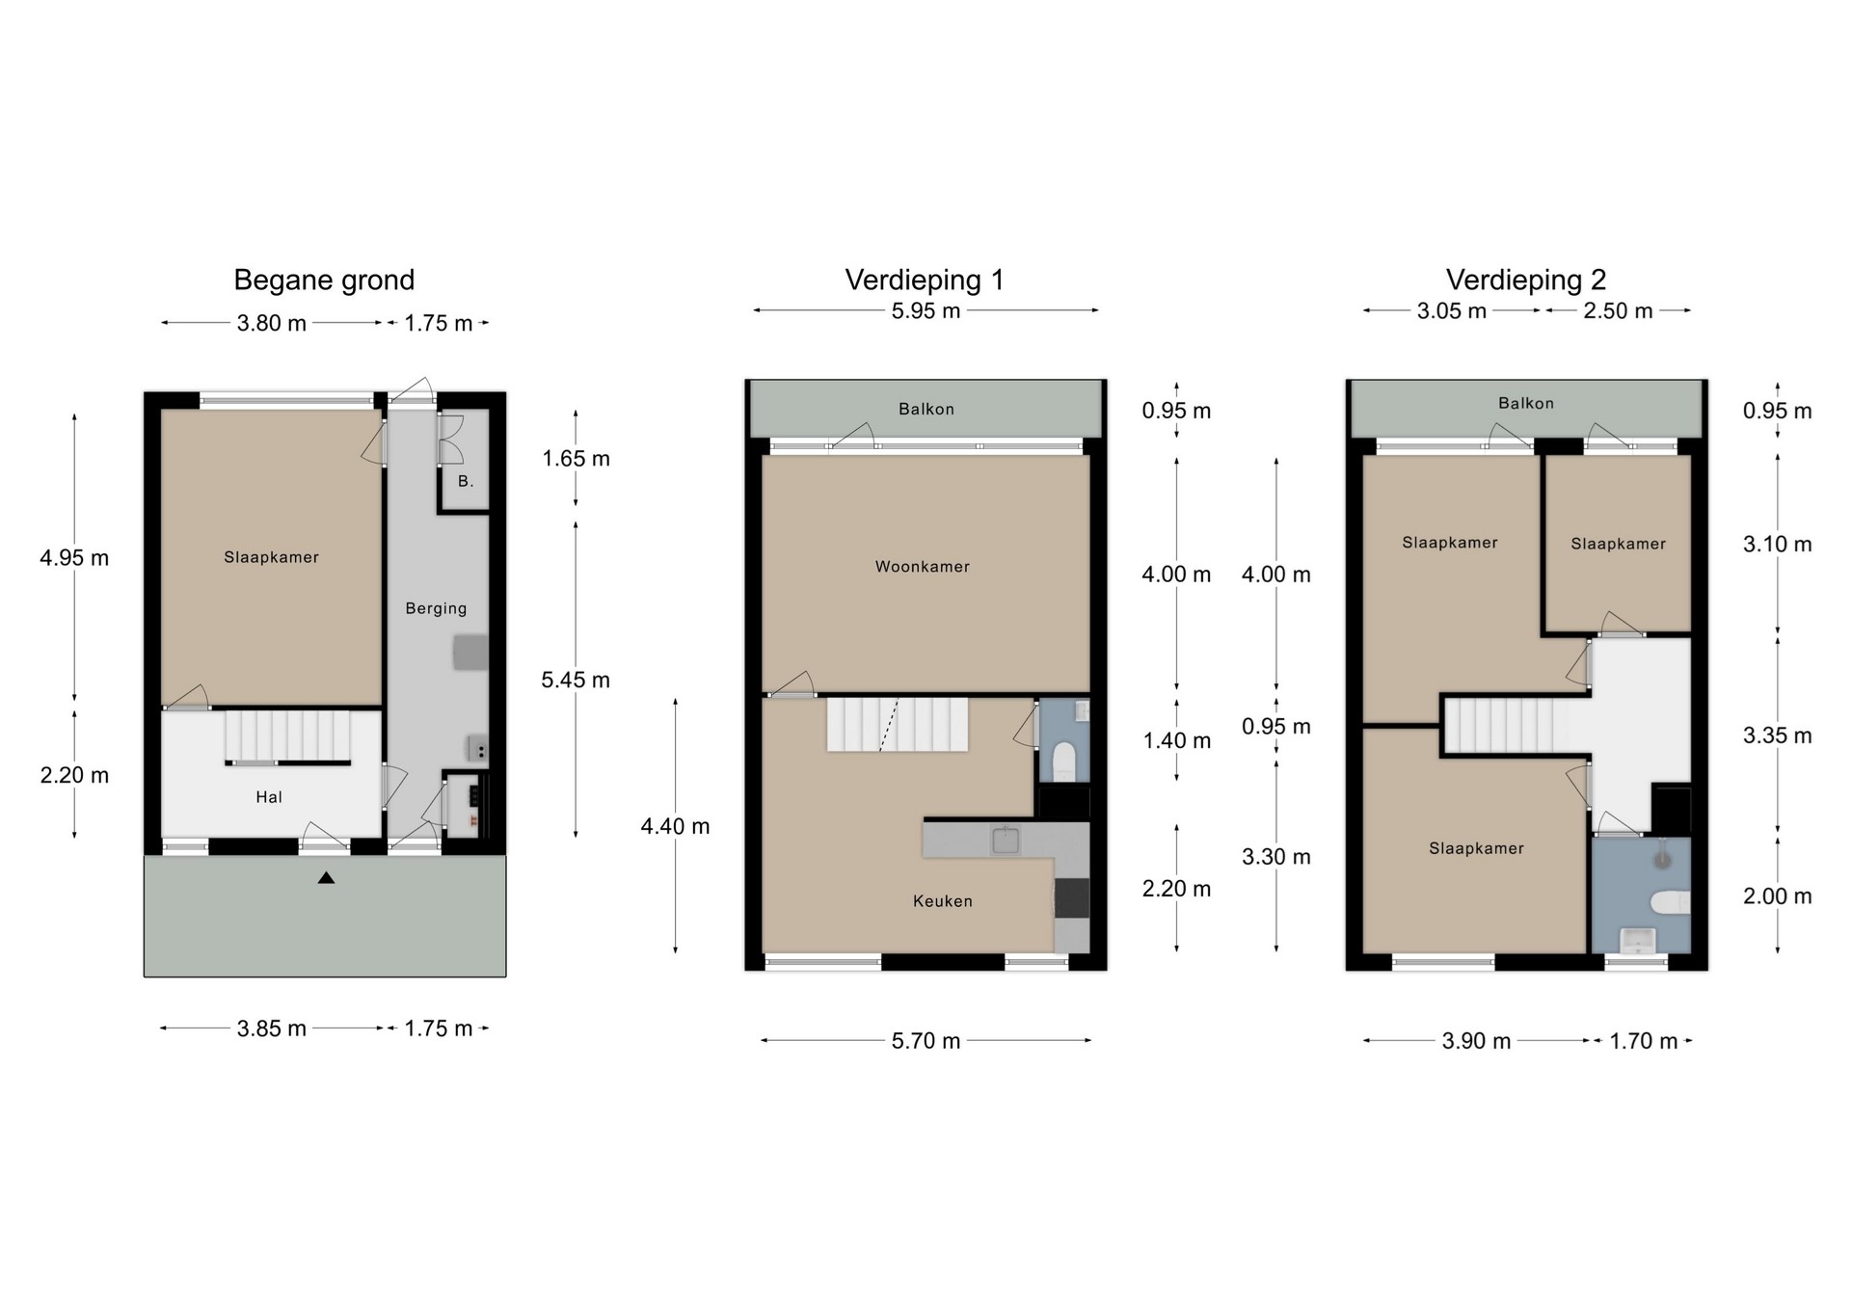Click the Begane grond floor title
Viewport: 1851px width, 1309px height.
click(324, 280)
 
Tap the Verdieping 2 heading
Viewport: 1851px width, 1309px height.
click(1526, 280)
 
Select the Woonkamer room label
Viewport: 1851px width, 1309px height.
click(923, 567)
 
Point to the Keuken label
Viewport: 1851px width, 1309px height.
click(943, 901)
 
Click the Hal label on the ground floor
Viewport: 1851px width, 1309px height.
click(269, 797)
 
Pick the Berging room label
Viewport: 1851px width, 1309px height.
click(436, 608)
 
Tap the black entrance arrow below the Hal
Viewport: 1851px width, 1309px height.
click(326, 877)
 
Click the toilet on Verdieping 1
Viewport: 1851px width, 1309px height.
click(1064, 761)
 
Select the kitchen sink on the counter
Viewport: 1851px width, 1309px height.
click(1006, 840)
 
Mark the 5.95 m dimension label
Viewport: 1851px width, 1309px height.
click(925, 311)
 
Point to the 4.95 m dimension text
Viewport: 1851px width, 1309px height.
click(74, 558)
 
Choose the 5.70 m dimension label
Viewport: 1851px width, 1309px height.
click(925, 1041)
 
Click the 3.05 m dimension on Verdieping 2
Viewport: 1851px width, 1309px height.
click(1452, 311)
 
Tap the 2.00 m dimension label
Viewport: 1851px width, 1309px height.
click(1778, 896)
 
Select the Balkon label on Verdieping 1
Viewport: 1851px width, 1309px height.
click(926, 410)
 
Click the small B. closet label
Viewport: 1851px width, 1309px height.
click(466, 481)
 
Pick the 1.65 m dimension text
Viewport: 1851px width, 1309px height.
click(576, 459)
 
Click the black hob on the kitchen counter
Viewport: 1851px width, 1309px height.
click(1072, 897)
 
